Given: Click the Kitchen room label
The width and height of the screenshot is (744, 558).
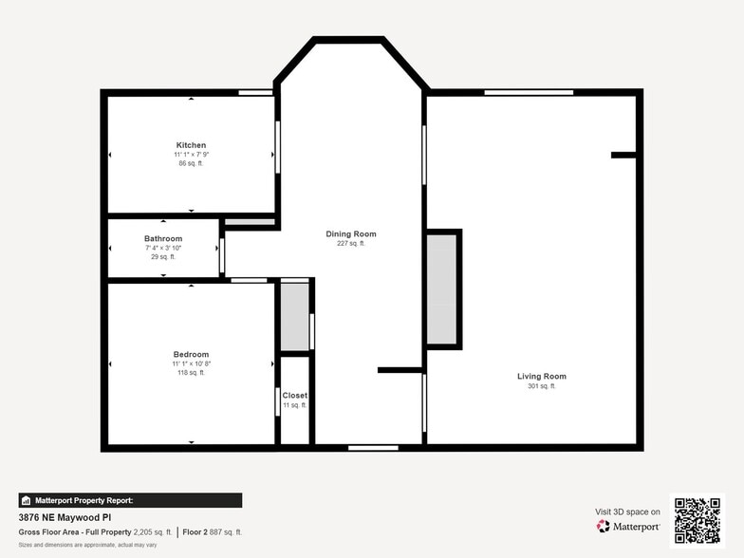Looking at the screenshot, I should point(191,145).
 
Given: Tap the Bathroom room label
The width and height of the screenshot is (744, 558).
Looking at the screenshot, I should point(163,238).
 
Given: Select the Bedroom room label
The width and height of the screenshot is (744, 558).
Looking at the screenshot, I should point(191,355).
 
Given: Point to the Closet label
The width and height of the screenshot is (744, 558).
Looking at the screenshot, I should point(294,395).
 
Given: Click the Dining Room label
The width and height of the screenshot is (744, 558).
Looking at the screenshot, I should point(351,233).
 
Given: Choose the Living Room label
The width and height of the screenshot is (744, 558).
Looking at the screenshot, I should point(541,377).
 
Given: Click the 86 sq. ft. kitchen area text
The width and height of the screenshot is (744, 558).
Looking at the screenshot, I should point(191,163).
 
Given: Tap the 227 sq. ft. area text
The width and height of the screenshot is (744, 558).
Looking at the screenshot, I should point(351,244).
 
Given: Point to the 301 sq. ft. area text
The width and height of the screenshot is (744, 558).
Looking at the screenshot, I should point(541,386).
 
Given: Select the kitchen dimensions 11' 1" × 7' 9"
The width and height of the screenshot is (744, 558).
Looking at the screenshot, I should point(191,155).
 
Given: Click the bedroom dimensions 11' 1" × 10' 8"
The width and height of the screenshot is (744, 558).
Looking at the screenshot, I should point(191,363).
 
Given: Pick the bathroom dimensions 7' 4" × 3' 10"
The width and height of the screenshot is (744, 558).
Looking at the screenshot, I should point(163,248).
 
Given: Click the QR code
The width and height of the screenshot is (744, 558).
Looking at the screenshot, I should point(697,520).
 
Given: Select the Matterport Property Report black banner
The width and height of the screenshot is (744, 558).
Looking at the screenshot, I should point(130,500).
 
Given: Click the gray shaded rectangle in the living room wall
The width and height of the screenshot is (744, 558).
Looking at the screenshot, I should point(442,288).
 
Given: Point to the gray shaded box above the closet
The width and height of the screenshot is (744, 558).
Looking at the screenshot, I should point(295,316).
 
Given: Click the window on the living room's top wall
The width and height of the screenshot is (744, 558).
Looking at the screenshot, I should point(529,92).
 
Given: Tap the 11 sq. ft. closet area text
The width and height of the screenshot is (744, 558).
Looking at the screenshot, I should point(294,405).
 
